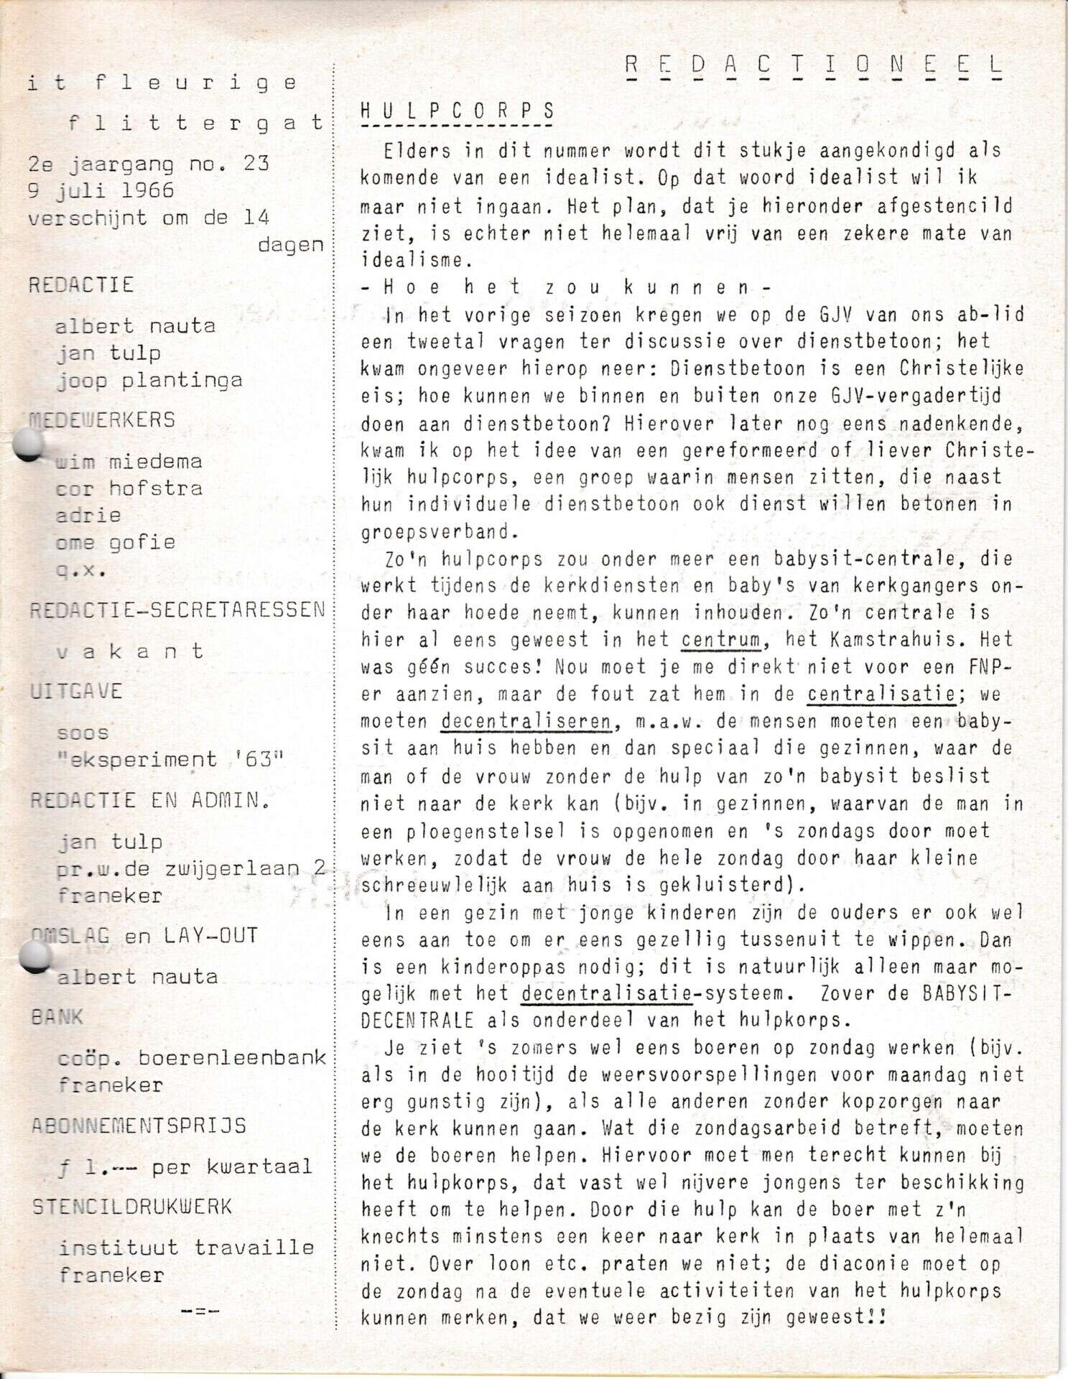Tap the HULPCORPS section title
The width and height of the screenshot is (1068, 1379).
click(458, 111)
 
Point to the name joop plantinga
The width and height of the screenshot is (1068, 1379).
click(149, 380)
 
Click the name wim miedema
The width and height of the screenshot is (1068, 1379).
click(129, 461)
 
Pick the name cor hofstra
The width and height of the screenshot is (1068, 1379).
click(129, 488)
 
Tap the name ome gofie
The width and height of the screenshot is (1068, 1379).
click(115, 542)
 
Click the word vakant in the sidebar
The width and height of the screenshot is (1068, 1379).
click(129, 651)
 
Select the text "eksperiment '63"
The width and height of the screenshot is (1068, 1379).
click(171, 759)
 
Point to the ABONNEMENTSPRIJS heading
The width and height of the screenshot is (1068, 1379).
click(139, 1125)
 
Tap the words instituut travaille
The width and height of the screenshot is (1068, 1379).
click(186, 1247)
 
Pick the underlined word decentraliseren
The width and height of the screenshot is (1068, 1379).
click(525, 720)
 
